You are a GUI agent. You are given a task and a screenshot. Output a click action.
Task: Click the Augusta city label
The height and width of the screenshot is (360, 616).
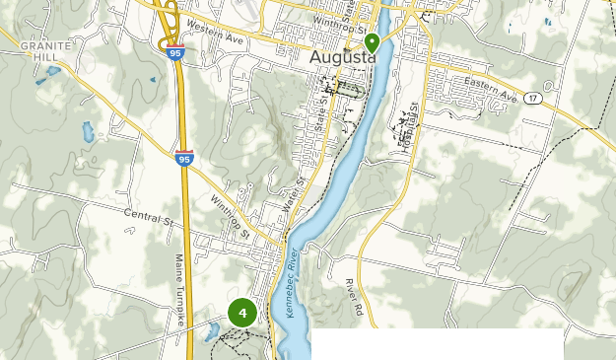(343, 57)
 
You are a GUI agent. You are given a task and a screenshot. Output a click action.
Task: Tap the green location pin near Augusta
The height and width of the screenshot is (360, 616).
(373, 43)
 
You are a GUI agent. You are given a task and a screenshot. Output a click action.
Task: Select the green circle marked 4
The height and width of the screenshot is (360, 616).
(241, 314)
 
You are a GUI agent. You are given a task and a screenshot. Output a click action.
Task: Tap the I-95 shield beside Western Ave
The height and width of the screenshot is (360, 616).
(174, 53)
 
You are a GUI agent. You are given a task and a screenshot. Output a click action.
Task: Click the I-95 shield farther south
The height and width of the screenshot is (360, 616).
(184, 157)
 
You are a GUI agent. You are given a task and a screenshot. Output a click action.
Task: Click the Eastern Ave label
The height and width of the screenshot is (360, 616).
(493, 92)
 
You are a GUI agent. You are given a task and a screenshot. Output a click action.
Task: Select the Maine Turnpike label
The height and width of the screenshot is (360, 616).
(179, 286)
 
